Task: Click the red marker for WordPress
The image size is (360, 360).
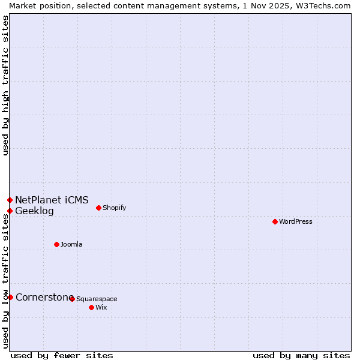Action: click(x=275, y=221)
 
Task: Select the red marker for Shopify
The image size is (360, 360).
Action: click(x=98, y=208)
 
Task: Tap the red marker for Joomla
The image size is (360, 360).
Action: click(x=56, y=244)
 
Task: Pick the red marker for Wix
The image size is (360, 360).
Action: click(x=91, y=307)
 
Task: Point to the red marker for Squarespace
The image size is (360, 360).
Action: click(x=72, y=299)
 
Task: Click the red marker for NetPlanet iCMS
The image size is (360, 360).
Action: click(x=10, y=200)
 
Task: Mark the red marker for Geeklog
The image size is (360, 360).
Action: click(x=10, y=211)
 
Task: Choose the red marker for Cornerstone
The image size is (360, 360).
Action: click(x=10, y=297)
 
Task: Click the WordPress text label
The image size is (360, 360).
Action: click(x=296, y=221)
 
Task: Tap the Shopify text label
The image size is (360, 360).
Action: click(x=114, y=208)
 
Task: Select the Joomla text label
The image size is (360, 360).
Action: click(x=71, y=244)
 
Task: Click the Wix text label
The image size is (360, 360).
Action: click(x=101, y=307)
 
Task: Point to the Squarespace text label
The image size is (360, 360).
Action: click(x=97, y=299)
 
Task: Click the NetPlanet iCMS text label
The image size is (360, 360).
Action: click(x=52, y=200)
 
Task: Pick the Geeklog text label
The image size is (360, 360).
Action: click(x=34, y=211)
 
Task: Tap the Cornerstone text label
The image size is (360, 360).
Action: click(x=44, y=297)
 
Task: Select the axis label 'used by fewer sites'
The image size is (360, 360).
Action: click(x=62, y=355)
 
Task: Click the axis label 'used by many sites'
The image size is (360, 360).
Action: click(x=301, y=355)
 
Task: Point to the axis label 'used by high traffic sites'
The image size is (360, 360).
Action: click(x=5, y=85)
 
